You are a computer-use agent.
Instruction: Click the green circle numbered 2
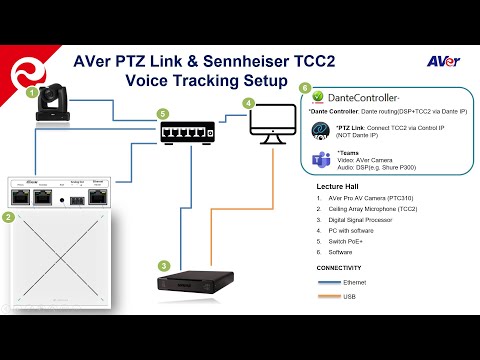click(8, 217)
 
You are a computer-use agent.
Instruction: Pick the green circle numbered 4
click(248, 103)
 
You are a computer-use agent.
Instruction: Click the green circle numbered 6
click(305, 88)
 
